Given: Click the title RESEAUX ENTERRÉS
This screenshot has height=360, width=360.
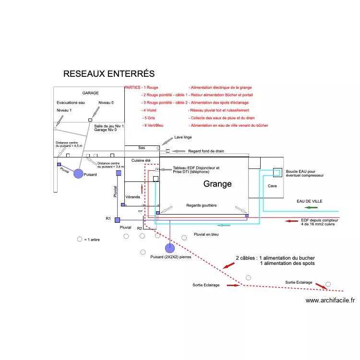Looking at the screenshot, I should (x=109, y=74).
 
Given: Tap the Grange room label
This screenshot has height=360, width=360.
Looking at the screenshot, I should (x=217, y=184).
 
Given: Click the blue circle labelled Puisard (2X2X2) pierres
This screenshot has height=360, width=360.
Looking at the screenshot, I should (x=169, y=248).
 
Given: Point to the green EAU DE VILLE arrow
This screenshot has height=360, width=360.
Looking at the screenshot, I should (x=312, y=207).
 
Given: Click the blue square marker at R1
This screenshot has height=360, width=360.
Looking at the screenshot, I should (x=117, y=219).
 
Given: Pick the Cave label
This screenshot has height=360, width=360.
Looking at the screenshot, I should (x=272, y=186).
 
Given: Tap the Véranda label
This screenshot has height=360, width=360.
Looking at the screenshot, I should (x=132, y=197).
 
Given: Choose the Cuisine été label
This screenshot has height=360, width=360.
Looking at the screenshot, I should (x=141, y=160).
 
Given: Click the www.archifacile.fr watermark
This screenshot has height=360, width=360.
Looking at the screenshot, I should (x=330, y=300).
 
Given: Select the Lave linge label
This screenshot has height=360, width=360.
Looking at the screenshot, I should (x=184, y=138).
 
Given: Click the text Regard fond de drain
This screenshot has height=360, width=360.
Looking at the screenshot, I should (x=206, y=151).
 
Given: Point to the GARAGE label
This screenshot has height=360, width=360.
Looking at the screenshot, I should (x=90, y=93).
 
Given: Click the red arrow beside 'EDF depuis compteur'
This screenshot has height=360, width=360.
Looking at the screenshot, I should (x=291, y=221).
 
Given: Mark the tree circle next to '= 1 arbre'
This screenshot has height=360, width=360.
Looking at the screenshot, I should (x=79, y=239).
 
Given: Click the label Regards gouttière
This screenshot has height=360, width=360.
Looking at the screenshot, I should (x=201, y=205).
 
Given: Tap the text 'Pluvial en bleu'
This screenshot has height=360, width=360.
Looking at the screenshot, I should (x=206, y=234).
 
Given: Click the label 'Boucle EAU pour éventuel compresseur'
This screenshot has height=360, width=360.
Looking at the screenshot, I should (x=304, y=173).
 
